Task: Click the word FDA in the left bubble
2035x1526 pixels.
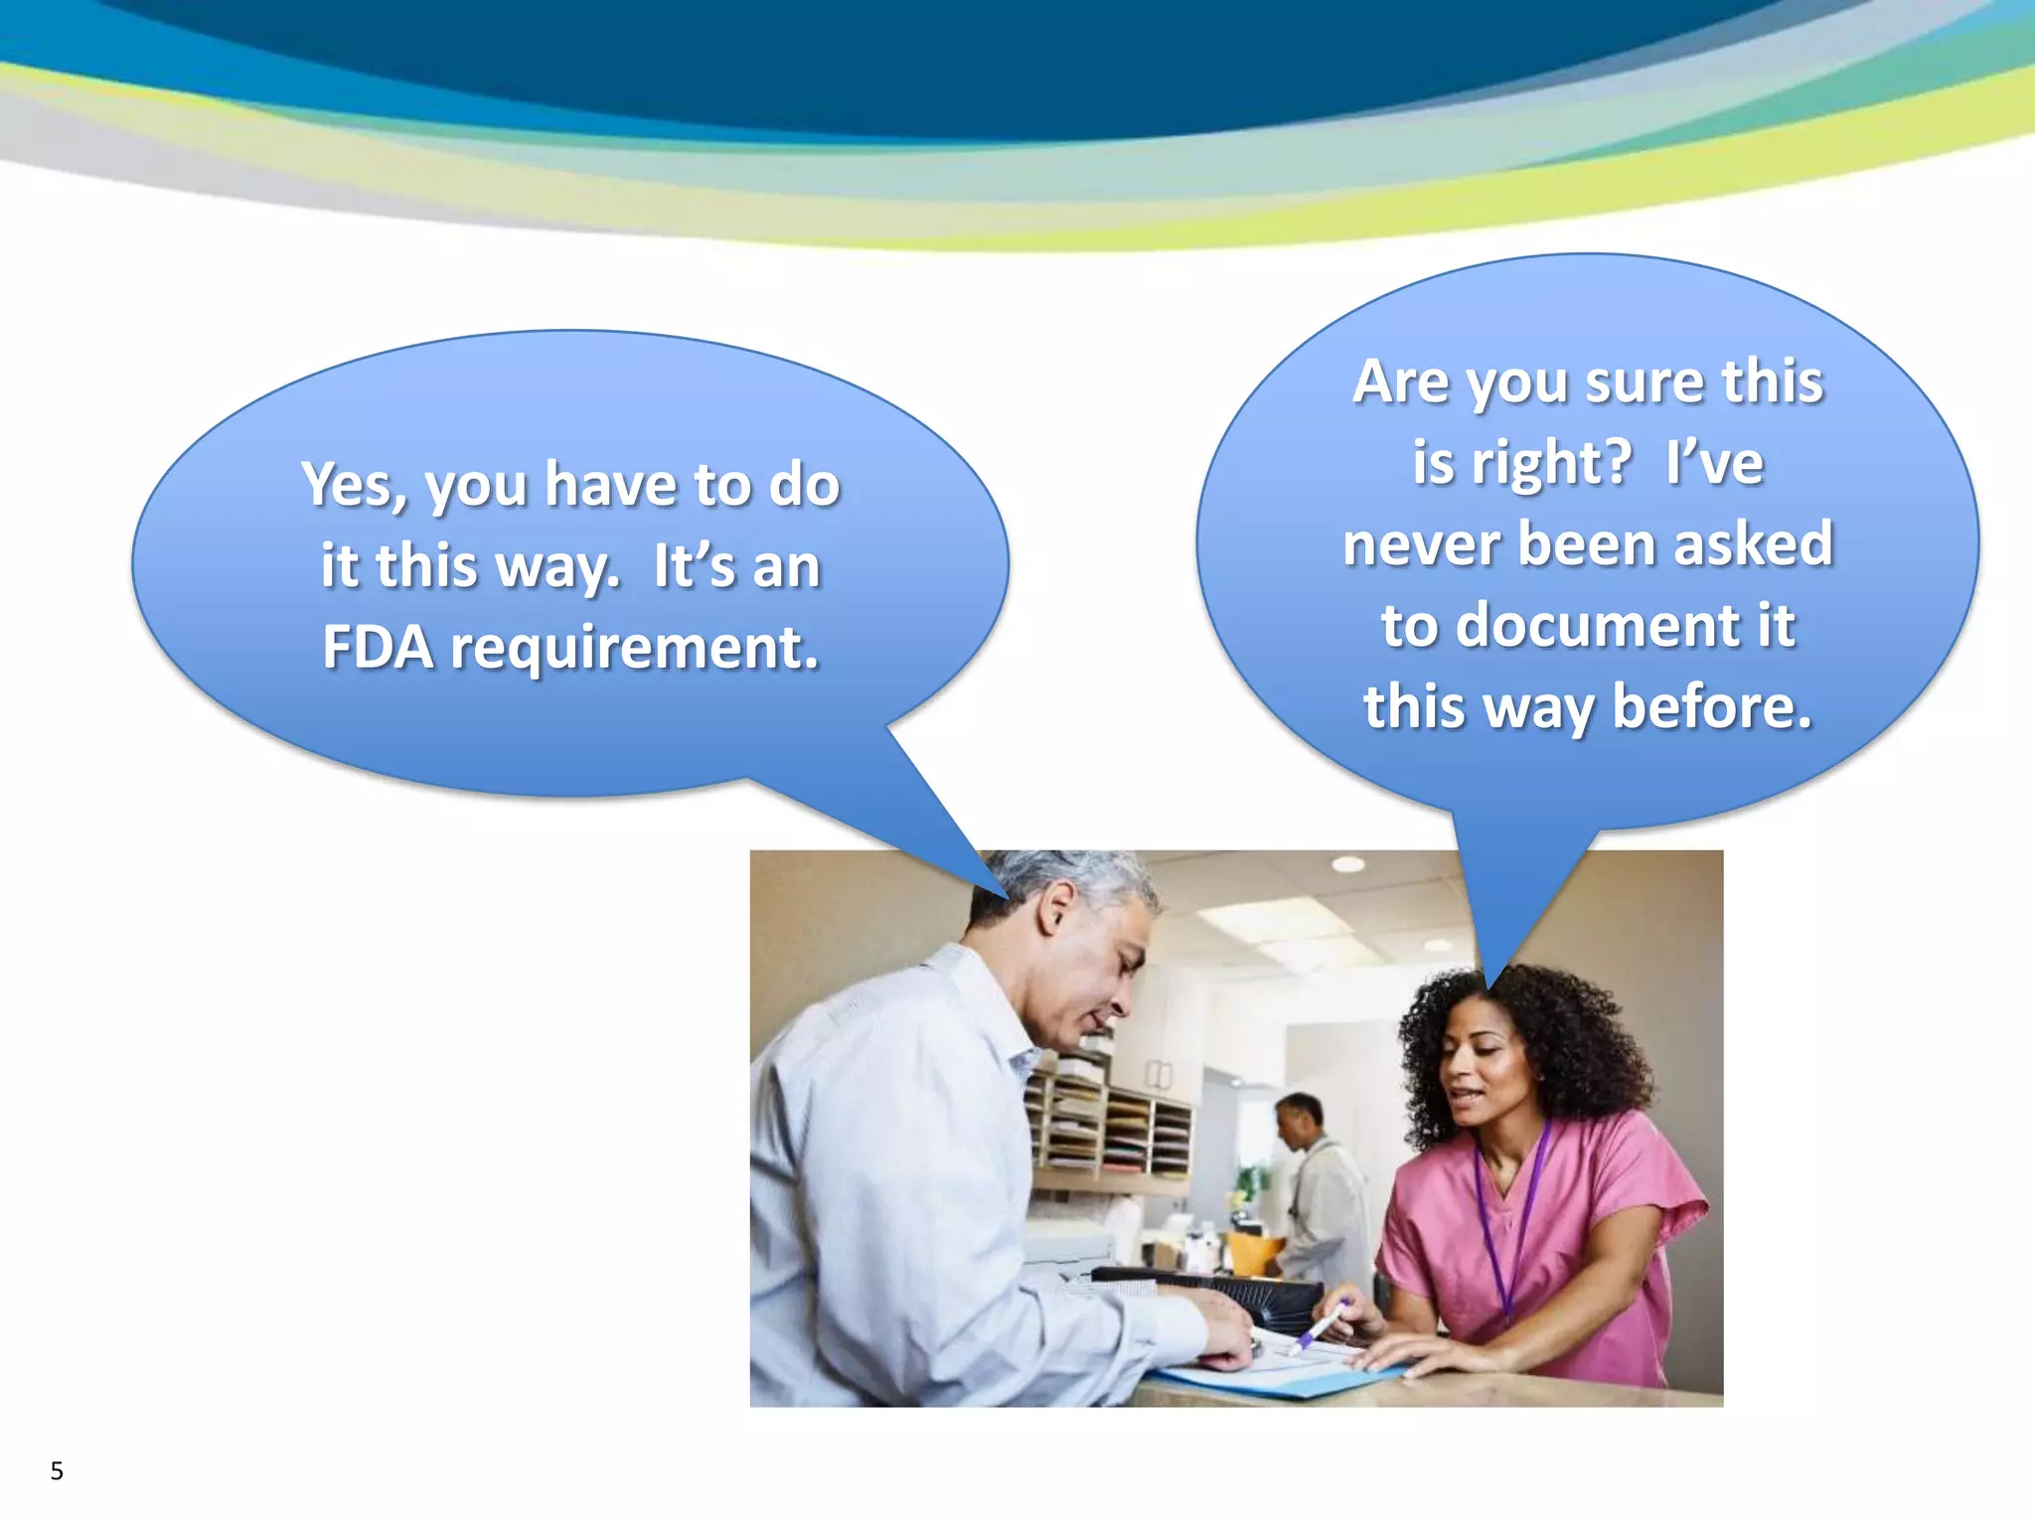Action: click(378, 648)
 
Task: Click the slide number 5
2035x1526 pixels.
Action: click(57, 1471)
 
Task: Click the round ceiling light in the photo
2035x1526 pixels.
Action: click(1347, 864)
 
